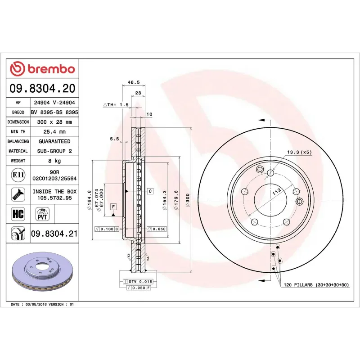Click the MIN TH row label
pyautogui.click(x=18, y=132)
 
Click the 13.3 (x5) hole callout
pyautogui.click(x=299, y=152)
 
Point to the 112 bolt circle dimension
pyautogui.click(x=276, y=191)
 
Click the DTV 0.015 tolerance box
pyautogui.click(x=139, y=281)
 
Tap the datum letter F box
pyautogui.click(x=113, y=207)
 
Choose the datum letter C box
pyautogui.click(x=150, y=191)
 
